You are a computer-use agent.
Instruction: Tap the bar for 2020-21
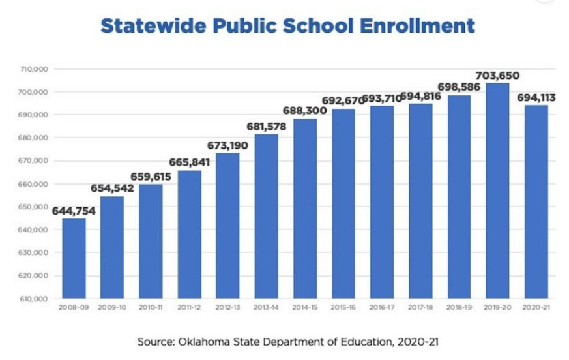(536, 202)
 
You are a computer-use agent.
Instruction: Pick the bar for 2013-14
(266, 216)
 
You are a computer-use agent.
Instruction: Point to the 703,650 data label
(497, 76)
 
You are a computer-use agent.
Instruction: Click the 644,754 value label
(74, 210)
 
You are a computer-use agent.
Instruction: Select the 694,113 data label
(536, 97)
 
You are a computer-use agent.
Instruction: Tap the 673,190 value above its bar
(227, 145)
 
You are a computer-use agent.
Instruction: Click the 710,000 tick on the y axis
(36, 69)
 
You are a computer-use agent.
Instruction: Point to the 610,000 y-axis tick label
(36, 299)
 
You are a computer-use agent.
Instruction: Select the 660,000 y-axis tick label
(36, 184)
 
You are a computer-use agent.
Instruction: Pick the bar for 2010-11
(151, 241)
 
